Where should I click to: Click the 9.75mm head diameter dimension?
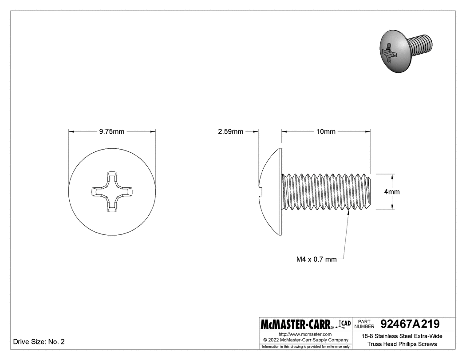[x=111, y=131]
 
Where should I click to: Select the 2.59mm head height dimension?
[x=230, y=131]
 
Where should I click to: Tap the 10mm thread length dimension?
[x=326, y=131]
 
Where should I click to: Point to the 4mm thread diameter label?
[x=392, y=192]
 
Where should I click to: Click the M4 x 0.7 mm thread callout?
[x=316, y=259]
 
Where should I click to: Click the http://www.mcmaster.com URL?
[x=305, y=334]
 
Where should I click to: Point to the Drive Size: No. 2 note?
[x=39, y=342]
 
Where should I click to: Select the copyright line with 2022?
[x=305, y=340]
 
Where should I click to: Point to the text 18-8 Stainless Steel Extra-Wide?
[x=402, y=336]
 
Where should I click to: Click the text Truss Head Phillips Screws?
[x=402, y=344]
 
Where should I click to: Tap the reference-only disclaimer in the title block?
[x=305, y=346]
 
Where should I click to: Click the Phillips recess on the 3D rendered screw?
[x=389, y=53]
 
